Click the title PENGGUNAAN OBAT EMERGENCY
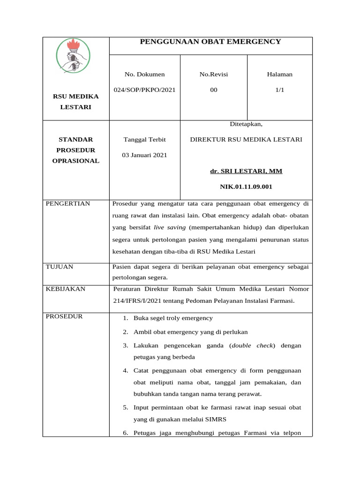pyautogui.click(x=210, y=42)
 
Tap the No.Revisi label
pyautogui.click(x=214, y=74)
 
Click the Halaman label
pyautogui.click(x=279, y=74)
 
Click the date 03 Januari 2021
pyautogui.click(x=144, y=155)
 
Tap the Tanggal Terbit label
pyautogui.click(x=144, y=140)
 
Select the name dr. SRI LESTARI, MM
pyautogui.click(x=246, y=171)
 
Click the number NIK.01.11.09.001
pyautogui.click(x=246, y=187)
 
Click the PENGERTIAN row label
pyautogui.click(x=67, y=203)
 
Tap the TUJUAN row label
pyautogui.click(x=59, y=267)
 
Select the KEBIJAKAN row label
pyautogui.click(x=65, y=289)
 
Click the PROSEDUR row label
pyautogui.click(x=64, y=316)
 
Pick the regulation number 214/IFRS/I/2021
pyautogui.click(x=139, y=301)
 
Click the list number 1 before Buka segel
pyautogui.click(x=126, y=318)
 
